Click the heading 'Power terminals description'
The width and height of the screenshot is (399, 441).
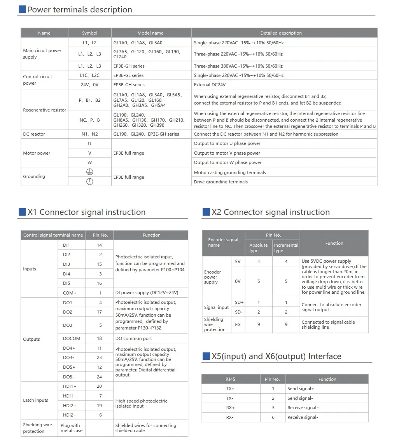point(80,10)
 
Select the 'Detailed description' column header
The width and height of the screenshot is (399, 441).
point(281,33)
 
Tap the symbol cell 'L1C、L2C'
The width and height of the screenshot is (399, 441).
point(89,75)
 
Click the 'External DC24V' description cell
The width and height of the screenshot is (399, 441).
point(210,85)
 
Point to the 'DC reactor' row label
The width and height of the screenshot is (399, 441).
point(34,134)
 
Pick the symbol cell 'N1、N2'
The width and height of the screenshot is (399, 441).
point(89,134)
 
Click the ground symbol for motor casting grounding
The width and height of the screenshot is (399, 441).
point(89,172)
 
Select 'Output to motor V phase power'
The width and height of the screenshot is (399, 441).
point(227,153)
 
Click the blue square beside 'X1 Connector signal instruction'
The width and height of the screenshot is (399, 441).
point(22,212)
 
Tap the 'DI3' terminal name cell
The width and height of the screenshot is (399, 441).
point(66,264)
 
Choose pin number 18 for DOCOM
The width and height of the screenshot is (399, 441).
point(100,338)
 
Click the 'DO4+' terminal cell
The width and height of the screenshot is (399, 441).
point(69,348)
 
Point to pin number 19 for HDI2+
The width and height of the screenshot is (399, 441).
point(100,406)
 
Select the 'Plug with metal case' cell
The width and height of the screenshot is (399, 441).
point(70,428)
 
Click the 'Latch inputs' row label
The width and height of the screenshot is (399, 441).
point(36,400)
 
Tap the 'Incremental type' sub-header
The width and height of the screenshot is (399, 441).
point(286,248)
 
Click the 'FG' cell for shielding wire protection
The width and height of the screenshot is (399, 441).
point(238,324)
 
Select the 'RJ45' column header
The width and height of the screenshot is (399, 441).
point(230,379)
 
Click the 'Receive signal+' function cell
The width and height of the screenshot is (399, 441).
point(303,408)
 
